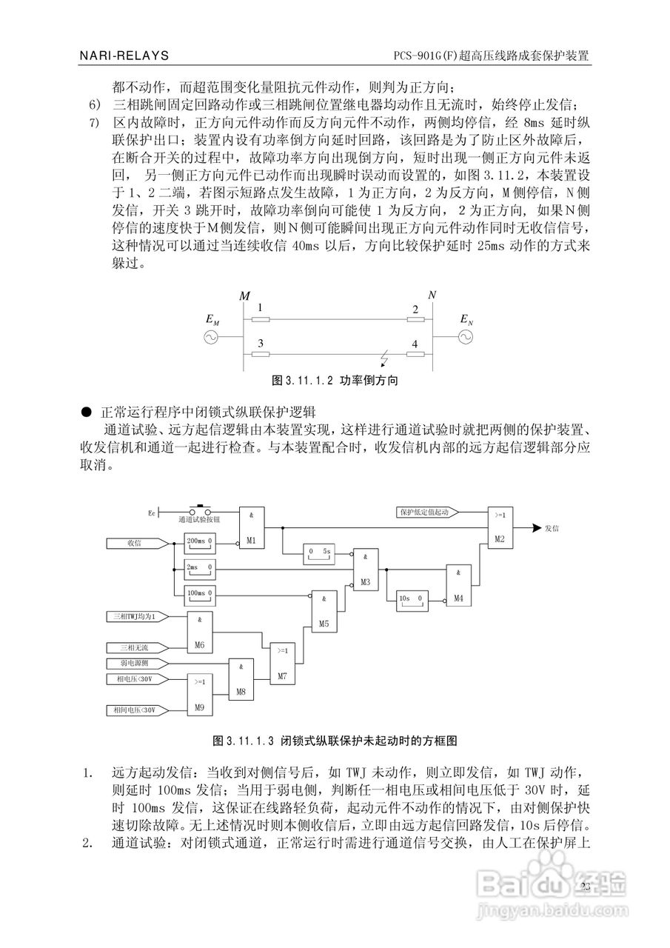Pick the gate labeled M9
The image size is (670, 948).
coord(198,696)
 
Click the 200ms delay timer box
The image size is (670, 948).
coord(198,543)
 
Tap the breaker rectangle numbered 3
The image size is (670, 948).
coord(261,354)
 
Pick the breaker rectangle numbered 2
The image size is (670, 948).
coord(415,320)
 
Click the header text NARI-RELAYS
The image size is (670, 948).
coord(124,56)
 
